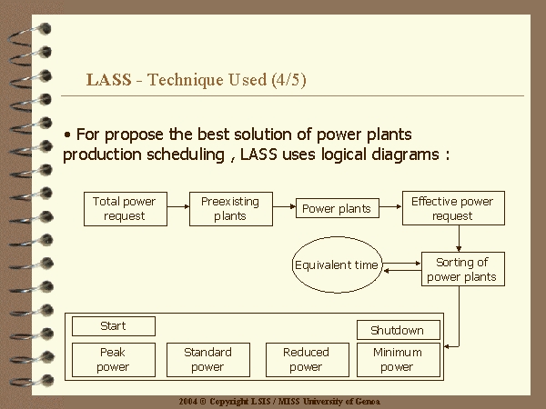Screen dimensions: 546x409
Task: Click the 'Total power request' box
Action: point(126,209)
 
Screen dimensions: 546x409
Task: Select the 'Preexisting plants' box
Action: point(231,209)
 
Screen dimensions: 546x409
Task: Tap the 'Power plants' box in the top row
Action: point(338,208)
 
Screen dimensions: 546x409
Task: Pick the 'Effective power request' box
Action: point(453,208)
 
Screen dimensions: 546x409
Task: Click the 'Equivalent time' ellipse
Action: point(337,265)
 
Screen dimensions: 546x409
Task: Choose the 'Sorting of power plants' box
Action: point(463,269)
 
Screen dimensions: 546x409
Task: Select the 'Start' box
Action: point(114,326)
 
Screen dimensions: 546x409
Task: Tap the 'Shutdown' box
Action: point(399,330)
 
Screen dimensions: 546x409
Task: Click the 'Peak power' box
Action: point(114,360)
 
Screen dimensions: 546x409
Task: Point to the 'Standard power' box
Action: point(208,360)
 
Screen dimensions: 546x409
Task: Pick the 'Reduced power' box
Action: point(308,360)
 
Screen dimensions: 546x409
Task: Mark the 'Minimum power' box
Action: point(399,360)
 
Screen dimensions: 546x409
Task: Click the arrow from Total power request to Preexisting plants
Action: point(178,206)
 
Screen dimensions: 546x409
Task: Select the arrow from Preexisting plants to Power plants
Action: point(284,206)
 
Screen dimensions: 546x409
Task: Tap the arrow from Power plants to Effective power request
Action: point(390,206)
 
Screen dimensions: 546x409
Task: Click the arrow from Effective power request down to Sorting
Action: point(459,238)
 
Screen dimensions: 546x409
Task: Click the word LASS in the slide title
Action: point(108,80)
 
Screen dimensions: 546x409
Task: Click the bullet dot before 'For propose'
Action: point(67,135)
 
